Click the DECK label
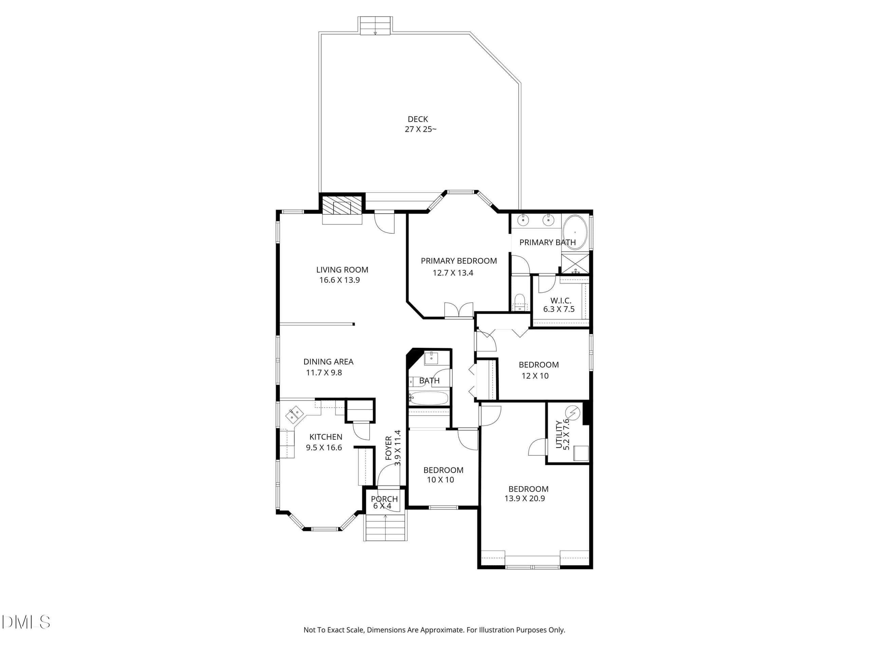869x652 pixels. point(418,119)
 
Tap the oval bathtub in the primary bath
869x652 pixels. point(575,232)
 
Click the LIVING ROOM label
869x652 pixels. point(342,270)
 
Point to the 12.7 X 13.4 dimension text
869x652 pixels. point(453,273)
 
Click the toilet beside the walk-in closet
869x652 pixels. point(520,302)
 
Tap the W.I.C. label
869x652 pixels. point(561,301)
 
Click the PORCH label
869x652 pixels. point(384,499)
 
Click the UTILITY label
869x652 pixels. point(559,434)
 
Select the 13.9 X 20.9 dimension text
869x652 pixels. point(524,498)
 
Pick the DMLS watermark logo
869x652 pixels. point(26,622)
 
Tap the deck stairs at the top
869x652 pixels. point(375,25)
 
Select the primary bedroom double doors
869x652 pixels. point(459,310)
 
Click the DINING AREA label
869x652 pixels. point(329,362)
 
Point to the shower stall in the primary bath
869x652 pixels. point(575,263)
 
